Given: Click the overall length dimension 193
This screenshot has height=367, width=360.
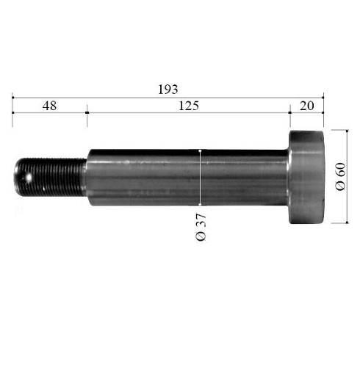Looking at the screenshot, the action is click(x=168, y=90).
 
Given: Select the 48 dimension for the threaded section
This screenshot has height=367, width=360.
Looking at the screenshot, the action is click(x=49, y=106).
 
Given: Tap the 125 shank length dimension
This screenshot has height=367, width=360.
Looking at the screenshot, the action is click(x=189, y=106).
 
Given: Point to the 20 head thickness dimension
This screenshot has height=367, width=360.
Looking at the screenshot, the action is click(x=306, y=106).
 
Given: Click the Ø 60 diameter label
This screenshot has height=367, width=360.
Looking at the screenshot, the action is click(x=340, y=176).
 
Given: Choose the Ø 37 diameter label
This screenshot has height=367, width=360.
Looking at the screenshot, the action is click(x=201, y=227).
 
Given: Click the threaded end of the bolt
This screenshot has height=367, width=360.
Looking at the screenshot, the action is click(x=50, y=177).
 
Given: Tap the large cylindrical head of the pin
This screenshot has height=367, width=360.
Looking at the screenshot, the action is click(x=306, y=177).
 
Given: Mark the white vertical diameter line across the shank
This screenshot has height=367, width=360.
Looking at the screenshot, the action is click(x=200, y=177).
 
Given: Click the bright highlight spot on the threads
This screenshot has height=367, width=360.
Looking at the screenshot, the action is click(x=29, y=178).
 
